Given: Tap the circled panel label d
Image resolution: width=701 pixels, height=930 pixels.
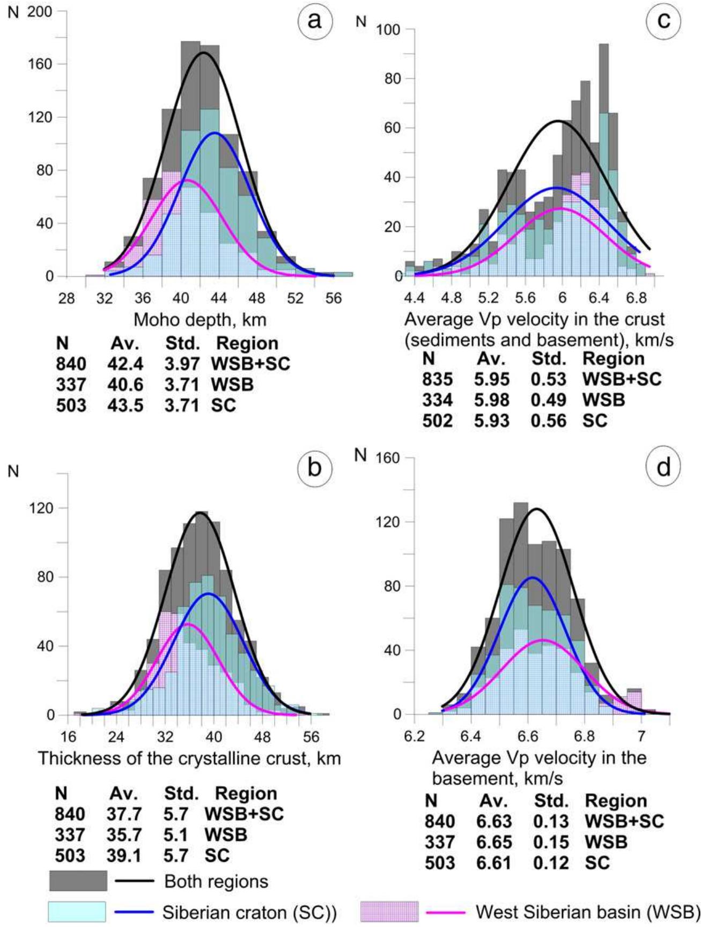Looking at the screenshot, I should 663,468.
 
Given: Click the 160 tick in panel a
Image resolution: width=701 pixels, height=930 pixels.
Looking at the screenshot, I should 41,64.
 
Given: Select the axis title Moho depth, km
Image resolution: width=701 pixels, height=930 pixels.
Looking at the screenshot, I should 200,320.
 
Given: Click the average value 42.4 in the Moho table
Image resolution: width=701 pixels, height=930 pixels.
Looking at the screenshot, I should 125,364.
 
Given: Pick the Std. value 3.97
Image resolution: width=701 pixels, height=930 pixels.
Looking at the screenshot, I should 181,364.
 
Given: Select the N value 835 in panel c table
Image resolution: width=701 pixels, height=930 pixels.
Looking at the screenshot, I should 437,379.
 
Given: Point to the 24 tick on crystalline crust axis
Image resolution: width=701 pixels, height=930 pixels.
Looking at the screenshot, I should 116,736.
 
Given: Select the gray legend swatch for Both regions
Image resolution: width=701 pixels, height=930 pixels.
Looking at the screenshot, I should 78,881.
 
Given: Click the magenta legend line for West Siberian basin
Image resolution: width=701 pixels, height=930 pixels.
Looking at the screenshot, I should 445,912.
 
